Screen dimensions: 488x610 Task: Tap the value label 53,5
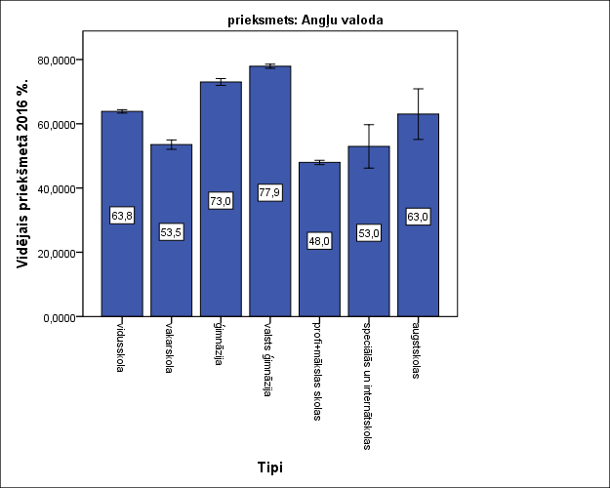[x=171, y=232]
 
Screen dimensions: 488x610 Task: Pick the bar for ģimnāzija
[x=221, y=254]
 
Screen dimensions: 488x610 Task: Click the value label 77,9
[x=269, y=192]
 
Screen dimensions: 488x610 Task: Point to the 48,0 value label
[x=319, y=241]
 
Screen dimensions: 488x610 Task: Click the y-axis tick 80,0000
[x=55, y=60]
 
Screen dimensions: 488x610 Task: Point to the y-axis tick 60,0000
[x=55, y=124]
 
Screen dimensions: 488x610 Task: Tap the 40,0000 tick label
[x=55, y=188]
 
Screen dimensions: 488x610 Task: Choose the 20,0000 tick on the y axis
[x=55, y=253]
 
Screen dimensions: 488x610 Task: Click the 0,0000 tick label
[x=58, y=317]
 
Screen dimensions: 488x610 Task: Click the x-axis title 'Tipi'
[x=270, y=468]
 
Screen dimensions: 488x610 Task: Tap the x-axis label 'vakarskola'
[x=171, y=346]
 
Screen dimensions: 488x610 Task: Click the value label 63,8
[x=122, y=216]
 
